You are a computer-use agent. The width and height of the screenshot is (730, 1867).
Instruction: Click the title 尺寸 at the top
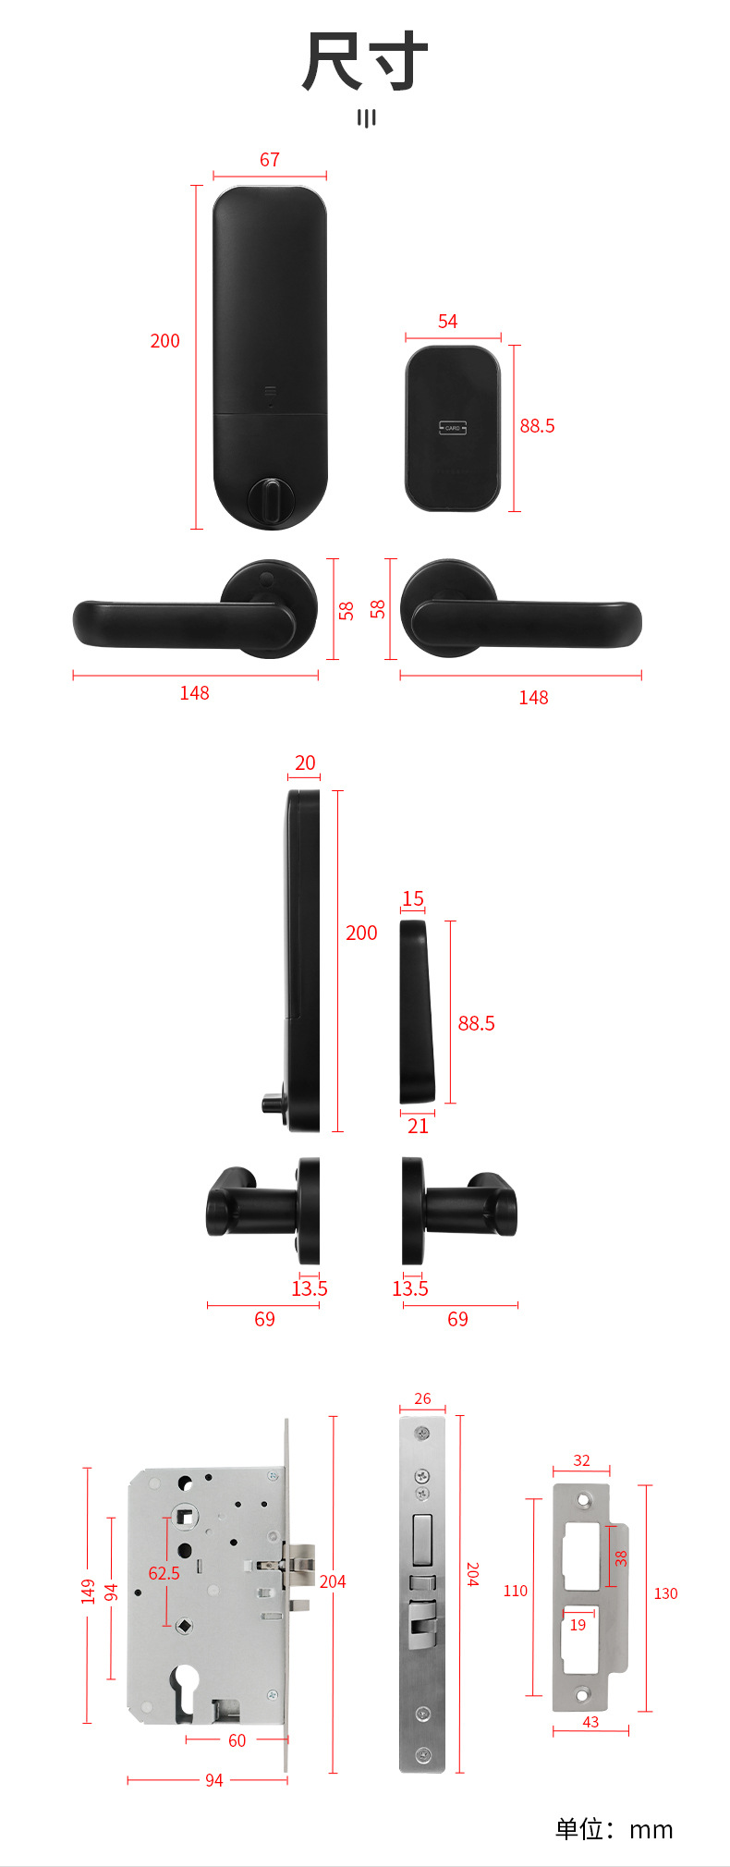365,62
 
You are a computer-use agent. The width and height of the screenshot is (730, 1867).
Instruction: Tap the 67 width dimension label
269,160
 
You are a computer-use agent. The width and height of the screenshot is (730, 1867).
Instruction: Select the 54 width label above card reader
447,322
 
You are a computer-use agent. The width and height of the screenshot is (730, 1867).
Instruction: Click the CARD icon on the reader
452,428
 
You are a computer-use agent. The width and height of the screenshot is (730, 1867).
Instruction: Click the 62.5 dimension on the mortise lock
164,1573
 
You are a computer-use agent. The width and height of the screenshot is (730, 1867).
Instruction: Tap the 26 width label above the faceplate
422,1399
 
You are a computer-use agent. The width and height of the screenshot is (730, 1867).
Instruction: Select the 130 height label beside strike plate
665,1593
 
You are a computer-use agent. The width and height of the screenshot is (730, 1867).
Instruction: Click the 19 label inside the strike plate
578,1625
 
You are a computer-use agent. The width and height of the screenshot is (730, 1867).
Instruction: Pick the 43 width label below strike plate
590,1722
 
